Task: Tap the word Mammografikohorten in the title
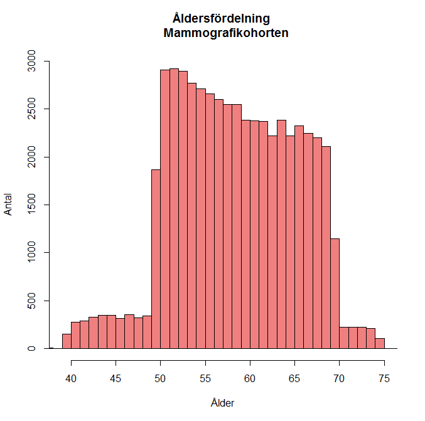point(225,33)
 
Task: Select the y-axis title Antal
point(9,205)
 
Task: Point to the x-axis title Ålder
point(223,403)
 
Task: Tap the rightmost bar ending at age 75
point(380,343)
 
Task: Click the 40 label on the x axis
point(72,378)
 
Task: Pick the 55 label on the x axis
point(205,378)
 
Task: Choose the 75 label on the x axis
point(384,378)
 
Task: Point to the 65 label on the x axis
point(294,378)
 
